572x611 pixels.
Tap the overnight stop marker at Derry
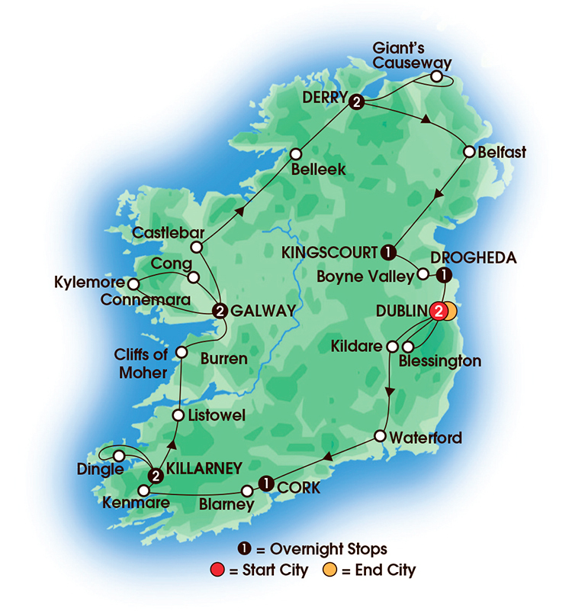click(355, 102)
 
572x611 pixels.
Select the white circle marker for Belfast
click(469, 152)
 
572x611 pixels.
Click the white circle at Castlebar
click(197, 247)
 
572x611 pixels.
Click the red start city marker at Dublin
click(438, 311)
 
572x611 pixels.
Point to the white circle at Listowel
click(177, 415)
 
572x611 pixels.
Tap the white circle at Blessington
click(408, 347)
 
